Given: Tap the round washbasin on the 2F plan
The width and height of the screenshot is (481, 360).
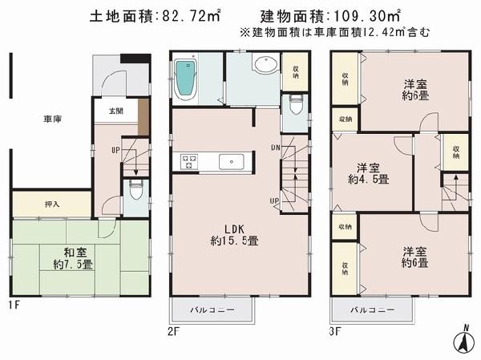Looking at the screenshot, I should [265, 66].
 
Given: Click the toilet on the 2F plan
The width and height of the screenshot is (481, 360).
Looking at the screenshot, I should [295, 104].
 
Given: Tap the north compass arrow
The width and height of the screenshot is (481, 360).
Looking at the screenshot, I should [463, 342].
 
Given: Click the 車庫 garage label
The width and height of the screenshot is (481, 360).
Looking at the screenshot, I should [53, 119].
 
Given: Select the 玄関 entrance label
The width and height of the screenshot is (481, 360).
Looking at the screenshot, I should [105, 112].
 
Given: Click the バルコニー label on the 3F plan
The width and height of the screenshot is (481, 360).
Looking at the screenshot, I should [373, 309].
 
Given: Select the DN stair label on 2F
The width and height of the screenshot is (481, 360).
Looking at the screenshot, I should [275, 148].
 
